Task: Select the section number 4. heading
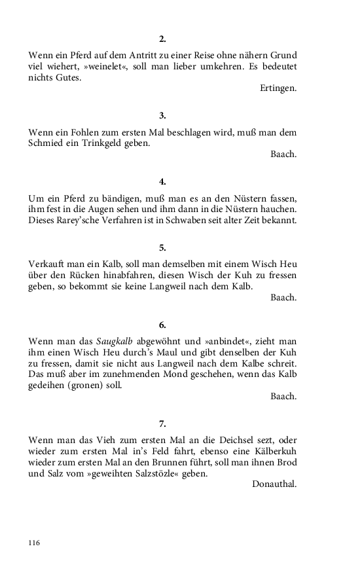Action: (162, 181)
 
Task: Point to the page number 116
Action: (35, 543)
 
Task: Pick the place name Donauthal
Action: (274, 484)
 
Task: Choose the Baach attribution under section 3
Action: (283, 154)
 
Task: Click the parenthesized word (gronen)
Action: (101, 385)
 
